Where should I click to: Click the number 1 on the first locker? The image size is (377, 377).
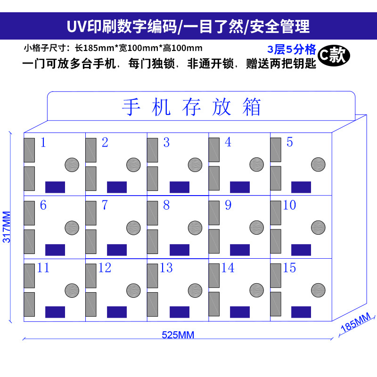(43, 142)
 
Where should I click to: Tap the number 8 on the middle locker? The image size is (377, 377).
(166, 205)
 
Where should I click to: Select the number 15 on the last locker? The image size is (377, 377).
(289, 268)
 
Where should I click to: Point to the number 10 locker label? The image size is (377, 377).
(289, 205)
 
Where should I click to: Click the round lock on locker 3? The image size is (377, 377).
(195, 164)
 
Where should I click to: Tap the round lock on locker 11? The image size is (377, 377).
(72, 290)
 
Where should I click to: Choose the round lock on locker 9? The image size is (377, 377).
(257, 227)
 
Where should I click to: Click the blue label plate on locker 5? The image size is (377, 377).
(301, 187)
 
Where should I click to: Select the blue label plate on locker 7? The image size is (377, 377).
(117, 250)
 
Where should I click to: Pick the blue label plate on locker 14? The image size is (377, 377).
(240, 312)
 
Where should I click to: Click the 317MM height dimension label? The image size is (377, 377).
(7, 226)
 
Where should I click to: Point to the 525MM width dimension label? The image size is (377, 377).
(178, 335)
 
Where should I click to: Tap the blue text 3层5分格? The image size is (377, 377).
(292, 49)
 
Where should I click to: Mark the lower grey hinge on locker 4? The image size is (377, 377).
(214, 178)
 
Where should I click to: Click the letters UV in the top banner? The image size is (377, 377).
(76, 26)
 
